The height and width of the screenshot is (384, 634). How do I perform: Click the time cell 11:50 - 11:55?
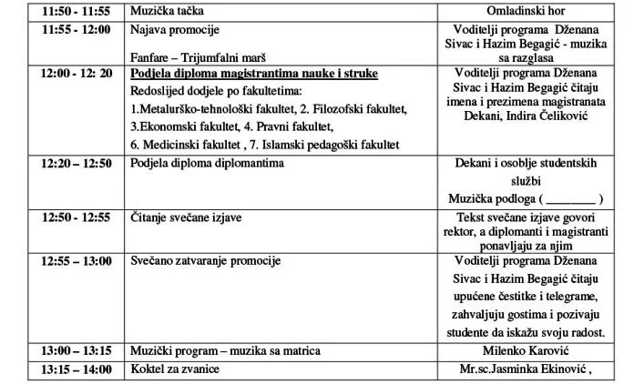[77, 11]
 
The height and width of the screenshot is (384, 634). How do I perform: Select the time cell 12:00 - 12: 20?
[77, 73]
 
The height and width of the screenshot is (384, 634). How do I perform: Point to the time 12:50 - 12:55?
[77, 217]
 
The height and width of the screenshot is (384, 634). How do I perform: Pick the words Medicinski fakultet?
[189, 145]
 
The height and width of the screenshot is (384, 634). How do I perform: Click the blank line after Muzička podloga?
[569, 198]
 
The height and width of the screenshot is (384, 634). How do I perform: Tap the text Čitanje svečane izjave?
[186, 217]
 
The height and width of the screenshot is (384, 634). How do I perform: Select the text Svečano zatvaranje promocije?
[204, 261]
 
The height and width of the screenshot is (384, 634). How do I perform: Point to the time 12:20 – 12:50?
[77, 163]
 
